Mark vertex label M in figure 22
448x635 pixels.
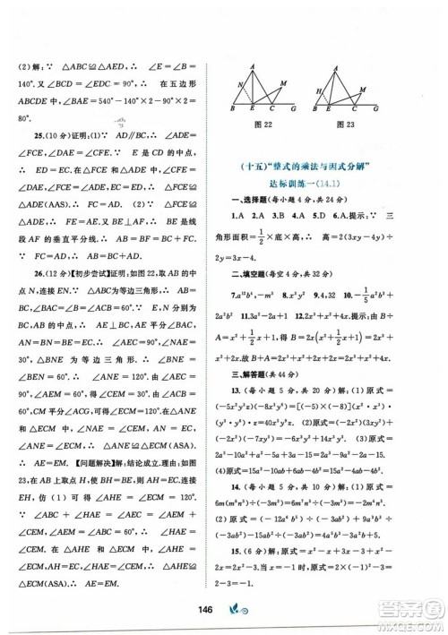coord(285,83)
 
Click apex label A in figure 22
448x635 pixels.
coord(254,65)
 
